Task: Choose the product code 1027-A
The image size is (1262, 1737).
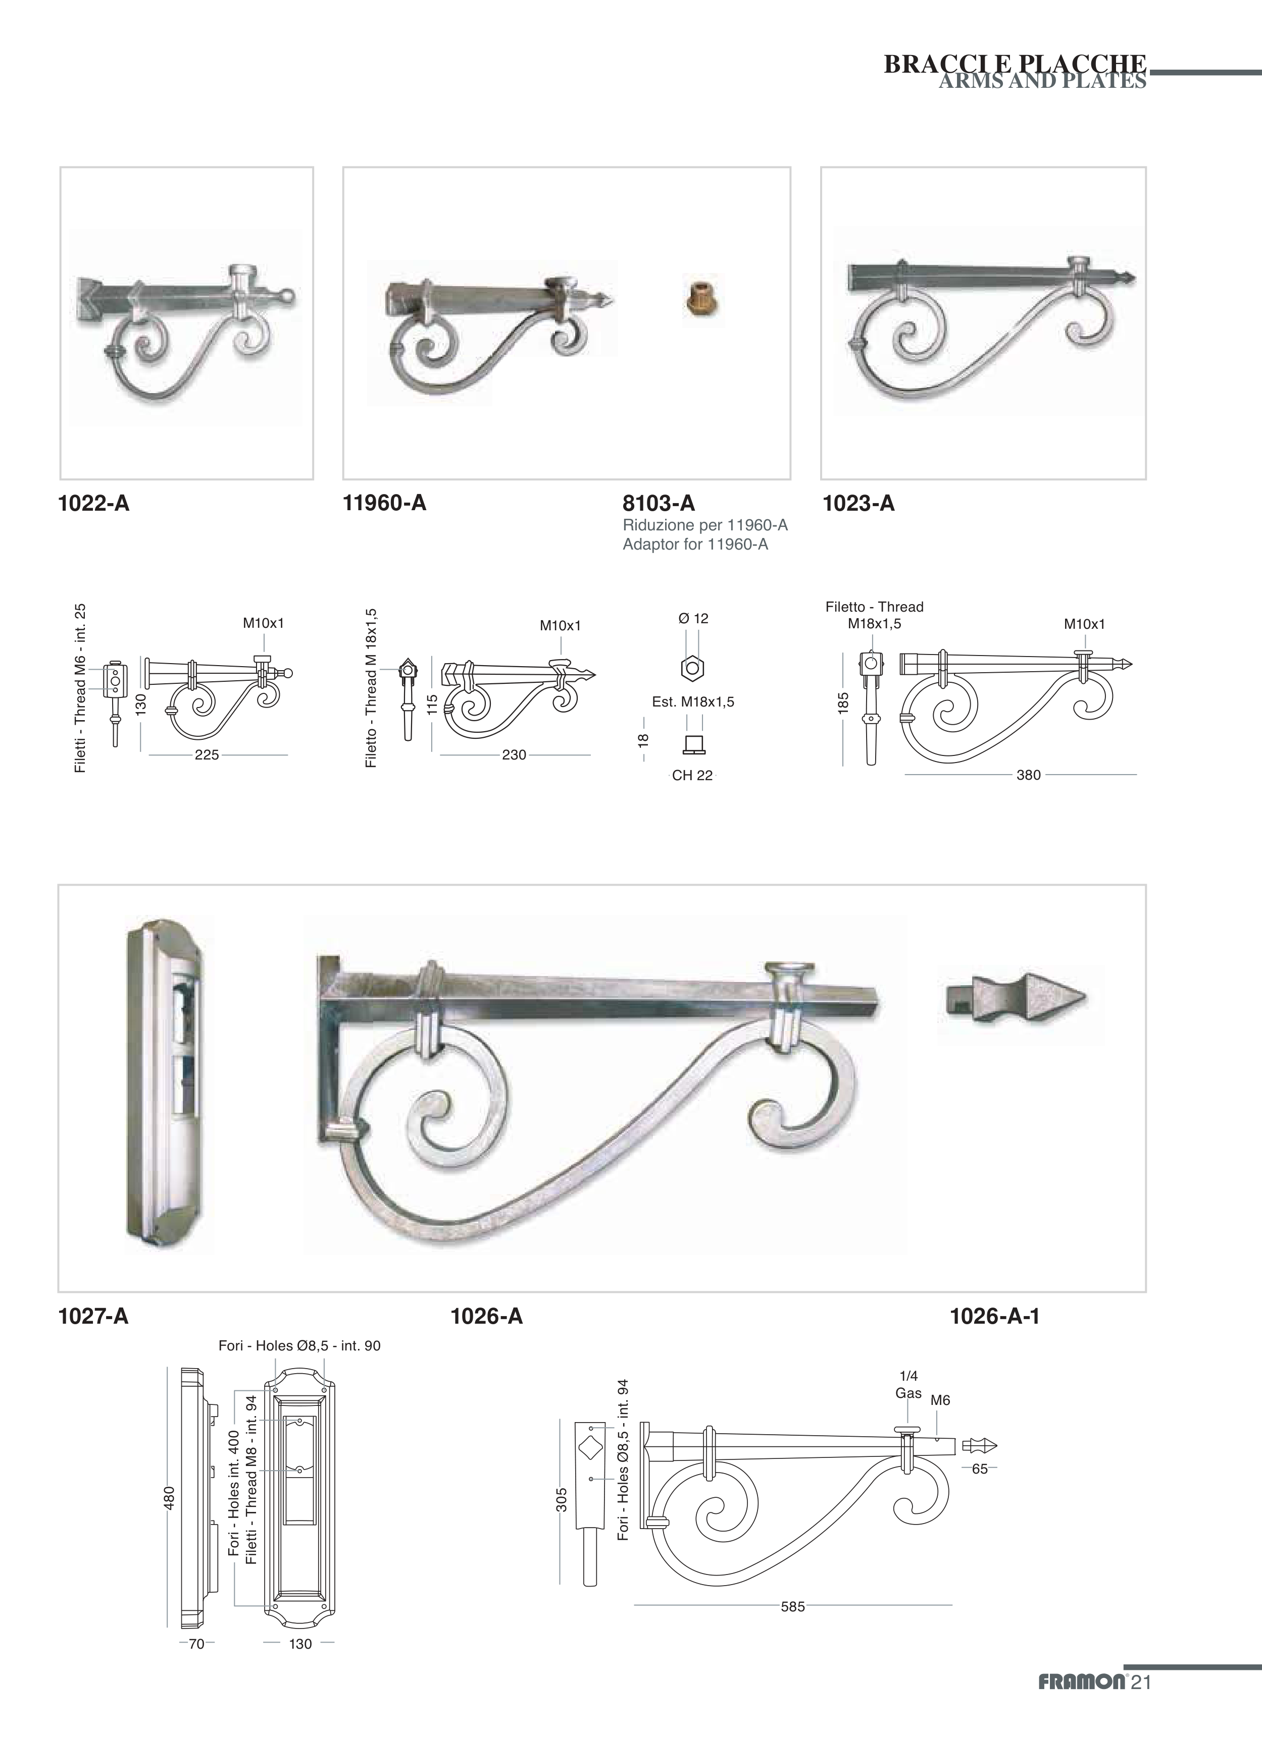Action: (x=93, y=1317)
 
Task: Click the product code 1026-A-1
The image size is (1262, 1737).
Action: (x=994, y=1317)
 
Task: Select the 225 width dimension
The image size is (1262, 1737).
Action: (x=207, y=755)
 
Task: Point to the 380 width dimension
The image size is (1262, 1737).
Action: (x=1028, y=775)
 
